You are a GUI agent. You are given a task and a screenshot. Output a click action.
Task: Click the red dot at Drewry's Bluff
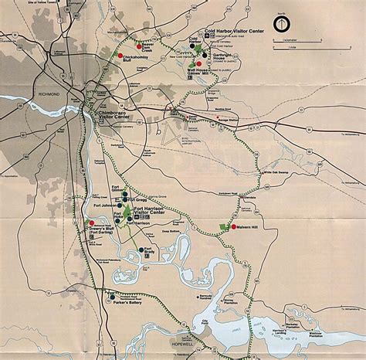[x=83, y=224]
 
